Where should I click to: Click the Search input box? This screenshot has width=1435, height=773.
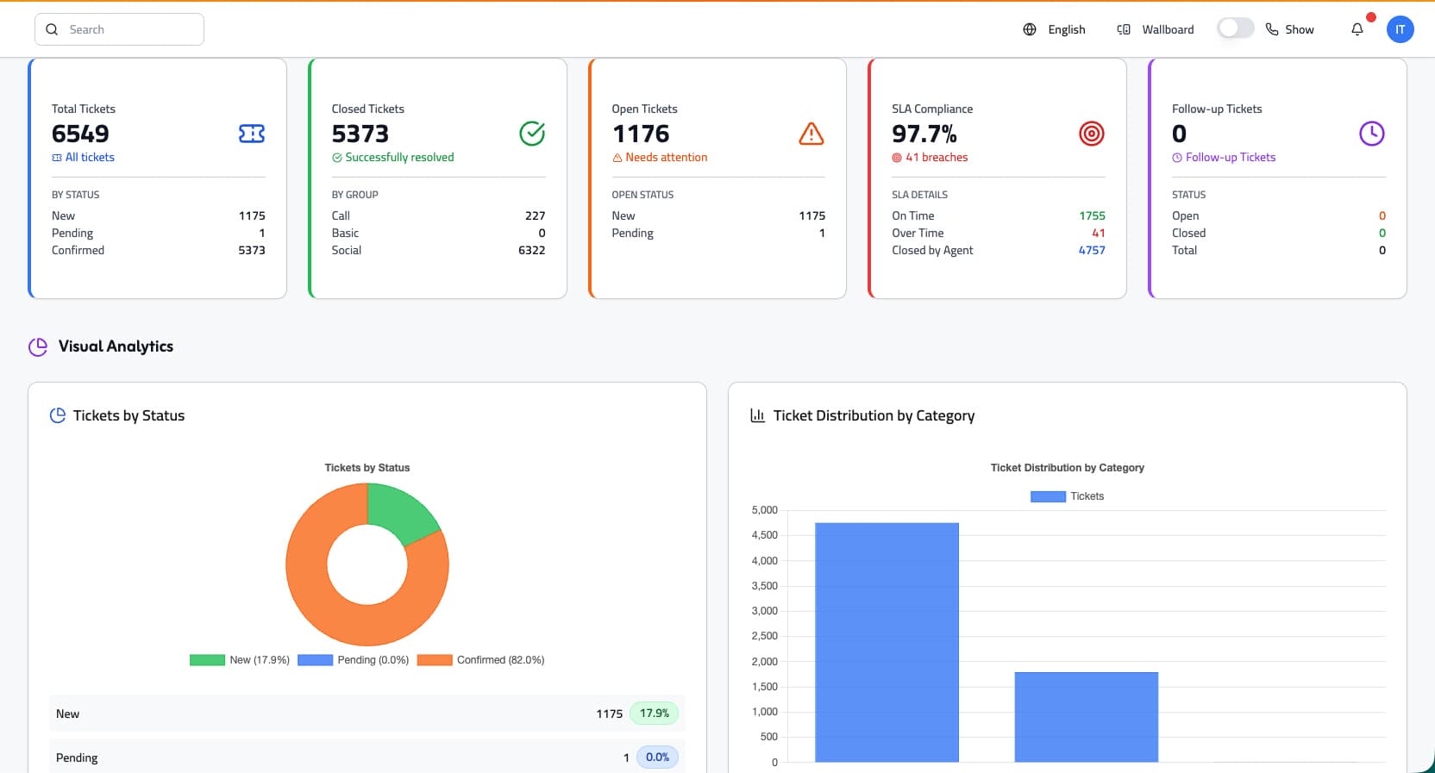coord(119,29)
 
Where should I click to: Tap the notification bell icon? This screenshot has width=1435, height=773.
coord(1357,29)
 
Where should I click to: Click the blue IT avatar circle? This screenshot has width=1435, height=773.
coord(1400,29)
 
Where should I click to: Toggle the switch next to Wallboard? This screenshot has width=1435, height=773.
coord(1235,28)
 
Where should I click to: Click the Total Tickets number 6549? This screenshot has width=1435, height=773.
coord(80,134)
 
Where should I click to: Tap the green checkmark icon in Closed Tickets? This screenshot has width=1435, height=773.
coord(532,134)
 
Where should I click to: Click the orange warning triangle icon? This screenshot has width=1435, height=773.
coord(811,134)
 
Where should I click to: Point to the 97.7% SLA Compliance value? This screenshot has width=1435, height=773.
coord(924,134)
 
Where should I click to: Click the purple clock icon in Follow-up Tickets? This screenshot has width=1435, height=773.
coord(1371,134)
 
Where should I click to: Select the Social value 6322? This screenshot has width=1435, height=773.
coord(531,250)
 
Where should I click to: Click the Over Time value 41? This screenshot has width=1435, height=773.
coord(1098,233)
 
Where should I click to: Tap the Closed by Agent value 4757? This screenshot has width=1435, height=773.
coord(1091,250)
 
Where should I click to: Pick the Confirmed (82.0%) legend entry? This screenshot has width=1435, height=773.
coord(481,660)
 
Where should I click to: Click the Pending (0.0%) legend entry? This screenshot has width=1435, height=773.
coord(354,660)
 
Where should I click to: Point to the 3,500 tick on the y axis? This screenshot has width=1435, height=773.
coord(764,586)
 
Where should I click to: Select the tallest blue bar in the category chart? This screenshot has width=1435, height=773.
coord(887,642)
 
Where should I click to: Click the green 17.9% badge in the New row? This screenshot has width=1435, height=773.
coord(654,714)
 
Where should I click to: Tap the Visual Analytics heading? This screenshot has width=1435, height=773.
coord(116,346)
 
